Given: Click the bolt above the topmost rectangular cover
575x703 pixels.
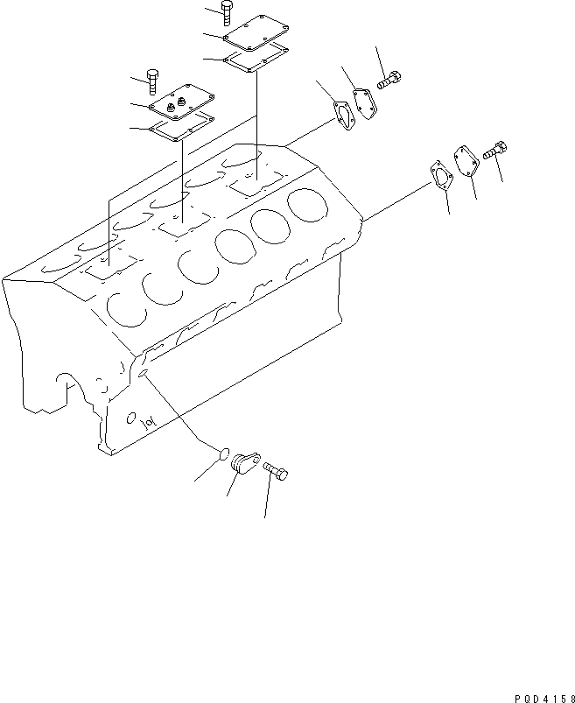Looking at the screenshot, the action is (228, 11).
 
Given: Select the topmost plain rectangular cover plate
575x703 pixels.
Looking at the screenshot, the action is (254, 32).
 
